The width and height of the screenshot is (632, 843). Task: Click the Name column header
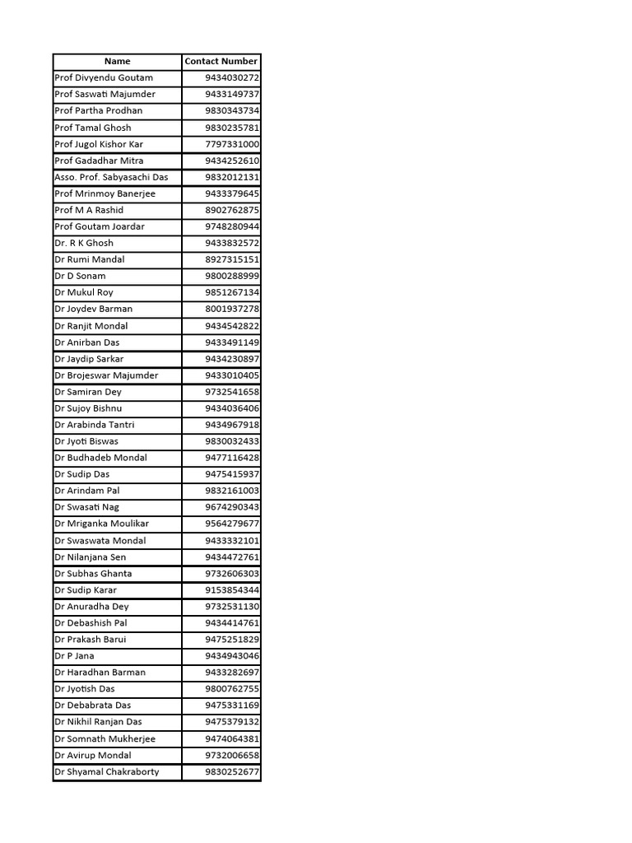pos(117,61)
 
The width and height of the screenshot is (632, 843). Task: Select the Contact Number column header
pos(221,61)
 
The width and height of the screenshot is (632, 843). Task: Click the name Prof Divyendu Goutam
pos(104,77)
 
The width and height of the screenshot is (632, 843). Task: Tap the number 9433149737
pos(232,94)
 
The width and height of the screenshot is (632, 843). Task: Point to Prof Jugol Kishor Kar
pos(99,144)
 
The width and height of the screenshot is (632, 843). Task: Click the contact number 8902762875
pos(232,210)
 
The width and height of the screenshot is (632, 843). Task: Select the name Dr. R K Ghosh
pos(84,243)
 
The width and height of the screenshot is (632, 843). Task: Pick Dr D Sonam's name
pos(80,276)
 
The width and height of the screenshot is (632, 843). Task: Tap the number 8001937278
pos(232,309)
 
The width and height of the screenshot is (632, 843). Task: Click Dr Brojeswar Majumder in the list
pos(106,375)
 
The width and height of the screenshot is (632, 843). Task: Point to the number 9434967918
pos(232,425)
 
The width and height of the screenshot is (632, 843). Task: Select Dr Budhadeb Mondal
pos(101,458)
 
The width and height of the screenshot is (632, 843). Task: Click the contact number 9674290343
pos(232,507)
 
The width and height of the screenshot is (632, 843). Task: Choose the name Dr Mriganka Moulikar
pos(102,524)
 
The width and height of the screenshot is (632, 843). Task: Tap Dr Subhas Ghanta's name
pos(93,574)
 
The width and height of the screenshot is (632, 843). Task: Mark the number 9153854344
pos(232,590)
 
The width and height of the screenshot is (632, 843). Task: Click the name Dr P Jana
pos(74,656)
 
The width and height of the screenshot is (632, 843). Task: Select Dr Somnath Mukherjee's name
pos(105,738)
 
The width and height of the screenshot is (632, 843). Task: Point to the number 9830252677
pos(232,771)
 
